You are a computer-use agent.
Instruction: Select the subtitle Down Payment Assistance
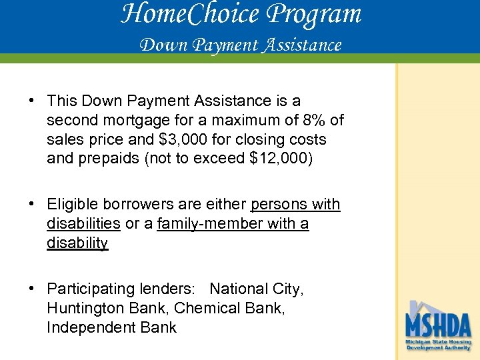click(240, 45)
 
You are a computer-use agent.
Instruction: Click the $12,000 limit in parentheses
click(276, 159)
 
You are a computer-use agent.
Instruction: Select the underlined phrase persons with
click(295, 204)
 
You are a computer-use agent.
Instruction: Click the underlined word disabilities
click(83, 223)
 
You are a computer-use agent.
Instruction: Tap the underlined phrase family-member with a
click(233, 223)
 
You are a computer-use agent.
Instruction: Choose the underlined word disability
click(77, 243)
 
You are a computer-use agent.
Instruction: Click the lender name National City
click(256, 289)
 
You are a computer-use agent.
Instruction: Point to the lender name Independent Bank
click(111, 327)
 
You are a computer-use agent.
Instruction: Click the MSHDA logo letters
click(438, 325)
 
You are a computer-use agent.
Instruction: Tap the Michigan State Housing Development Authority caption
click(438, 345)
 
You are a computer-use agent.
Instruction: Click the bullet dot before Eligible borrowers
click(32, 204)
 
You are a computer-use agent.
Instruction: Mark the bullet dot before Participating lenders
click(32, 289)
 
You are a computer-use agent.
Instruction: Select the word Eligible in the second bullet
click(71, 204)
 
